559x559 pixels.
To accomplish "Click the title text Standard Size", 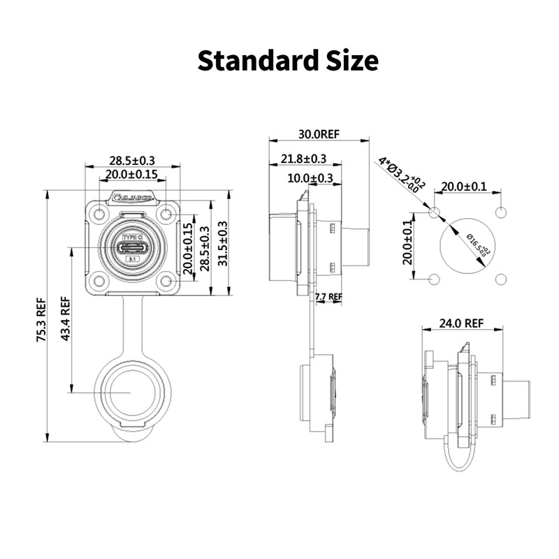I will click(x=288, y=60).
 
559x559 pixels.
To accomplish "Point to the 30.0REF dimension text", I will click(x=319, y=133).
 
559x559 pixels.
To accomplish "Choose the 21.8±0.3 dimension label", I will click(x=304, y=159).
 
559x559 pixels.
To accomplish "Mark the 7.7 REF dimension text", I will click(x=329, y=297).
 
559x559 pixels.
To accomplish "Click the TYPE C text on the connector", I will click(x=132, y=238).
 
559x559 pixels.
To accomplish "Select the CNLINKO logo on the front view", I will click(x=132, y=198).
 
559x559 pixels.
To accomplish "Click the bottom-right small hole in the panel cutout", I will click(x=500, y=279).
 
